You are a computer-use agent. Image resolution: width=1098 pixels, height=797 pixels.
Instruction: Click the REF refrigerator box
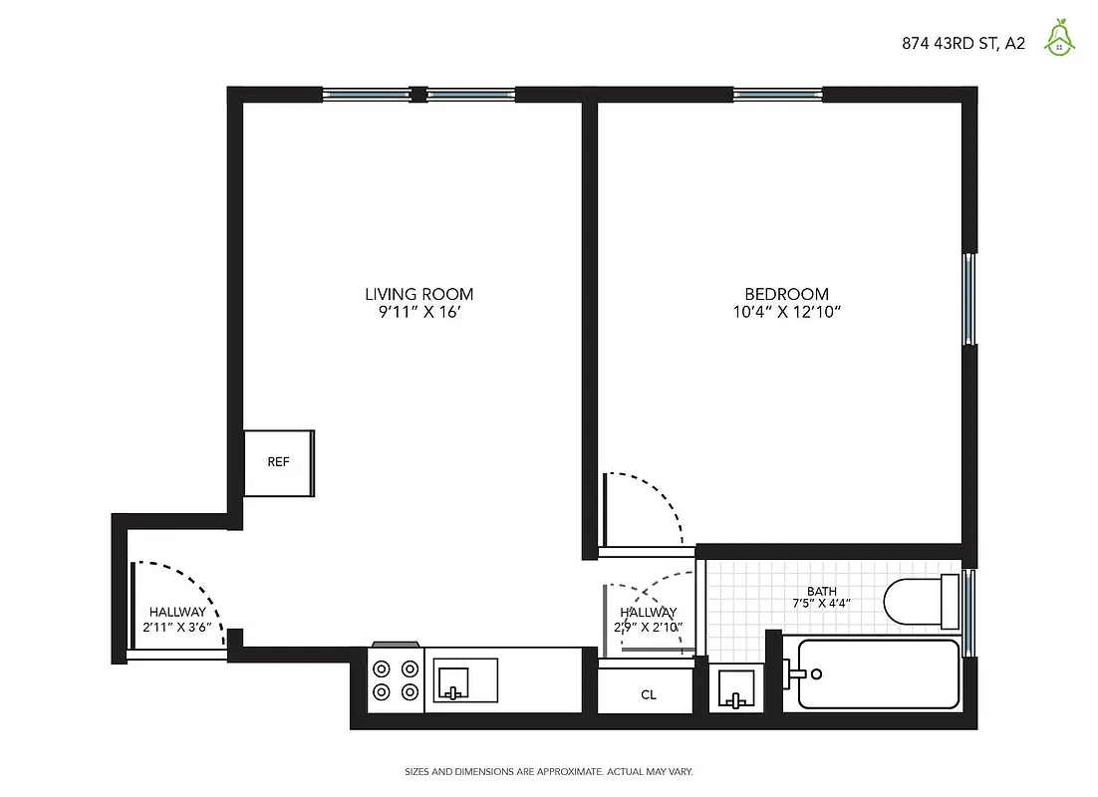tap(279, 462)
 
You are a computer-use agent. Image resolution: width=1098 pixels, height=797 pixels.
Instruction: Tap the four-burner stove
tap(396, 680)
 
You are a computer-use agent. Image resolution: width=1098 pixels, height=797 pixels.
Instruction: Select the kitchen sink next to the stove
tap(465, 680)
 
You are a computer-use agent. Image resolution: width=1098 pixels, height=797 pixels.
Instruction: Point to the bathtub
tap(878, 674)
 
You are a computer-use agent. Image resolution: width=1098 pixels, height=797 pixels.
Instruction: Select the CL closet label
tap(648, 694)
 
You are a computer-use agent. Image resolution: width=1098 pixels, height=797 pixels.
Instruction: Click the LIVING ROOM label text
tap(418, 294)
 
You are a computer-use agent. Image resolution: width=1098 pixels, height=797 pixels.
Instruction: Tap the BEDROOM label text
tap(786, 294)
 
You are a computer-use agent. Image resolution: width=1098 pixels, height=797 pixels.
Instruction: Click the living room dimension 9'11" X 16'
tap(418, 312)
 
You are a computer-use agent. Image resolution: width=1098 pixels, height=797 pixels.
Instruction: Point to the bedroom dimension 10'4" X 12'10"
tap(786, 312)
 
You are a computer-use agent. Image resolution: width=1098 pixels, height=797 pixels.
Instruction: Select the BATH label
tap(821, 591)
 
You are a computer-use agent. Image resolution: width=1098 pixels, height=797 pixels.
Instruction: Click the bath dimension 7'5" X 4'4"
tap(821, 604)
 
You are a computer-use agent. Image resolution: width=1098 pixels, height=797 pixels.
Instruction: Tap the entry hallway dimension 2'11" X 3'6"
tap(176, 628)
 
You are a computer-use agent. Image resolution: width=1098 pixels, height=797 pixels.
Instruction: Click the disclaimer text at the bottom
tap(548, 771)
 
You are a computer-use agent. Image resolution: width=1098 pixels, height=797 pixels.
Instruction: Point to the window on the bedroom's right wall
tap(968, 298)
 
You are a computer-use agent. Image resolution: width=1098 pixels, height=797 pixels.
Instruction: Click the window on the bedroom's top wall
tap(777, 95)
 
